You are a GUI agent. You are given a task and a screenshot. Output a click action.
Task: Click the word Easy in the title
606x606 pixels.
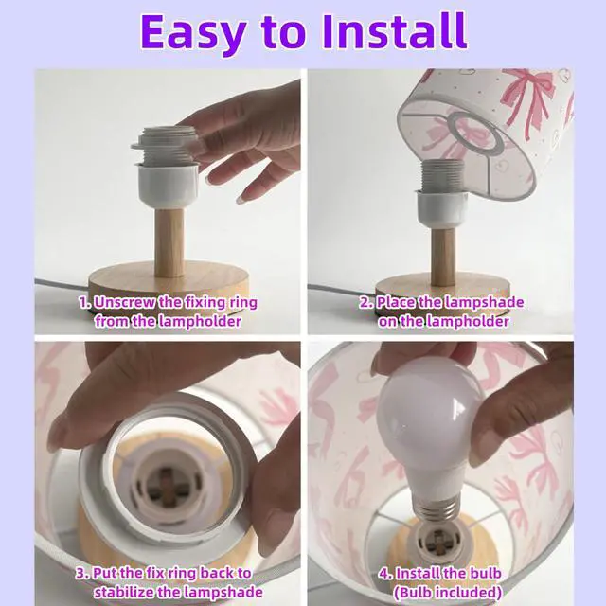(x=193, y=32)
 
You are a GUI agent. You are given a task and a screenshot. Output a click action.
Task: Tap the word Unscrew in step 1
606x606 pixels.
(x=123, y=302)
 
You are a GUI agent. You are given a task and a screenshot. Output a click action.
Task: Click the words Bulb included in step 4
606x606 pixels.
(x=448, y=592)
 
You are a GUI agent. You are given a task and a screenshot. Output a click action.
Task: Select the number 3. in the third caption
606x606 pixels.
(x=82, y=573)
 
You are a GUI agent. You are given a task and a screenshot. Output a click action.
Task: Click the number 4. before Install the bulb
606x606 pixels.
(x=385, y=573)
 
